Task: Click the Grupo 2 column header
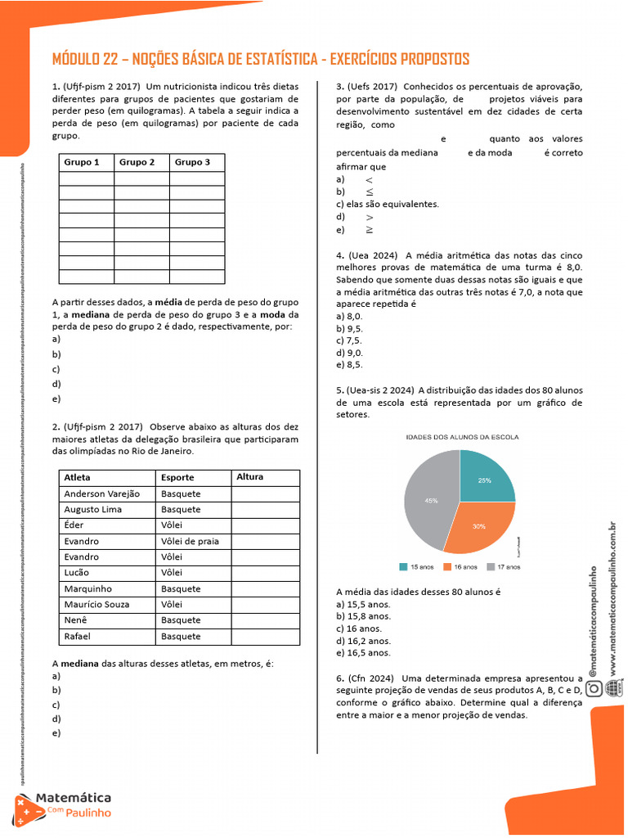(137, 162)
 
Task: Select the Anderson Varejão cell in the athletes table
(102, 493)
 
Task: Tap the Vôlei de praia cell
(190, 541)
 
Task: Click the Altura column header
(250, 477)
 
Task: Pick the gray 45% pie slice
(431, 500)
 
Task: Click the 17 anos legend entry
(502, 566)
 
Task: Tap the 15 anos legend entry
(415, 566)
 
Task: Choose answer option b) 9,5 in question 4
(349, 328)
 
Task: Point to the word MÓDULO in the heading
(79, 60)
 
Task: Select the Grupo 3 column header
(193, 162)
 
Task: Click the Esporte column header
(177, 477)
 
